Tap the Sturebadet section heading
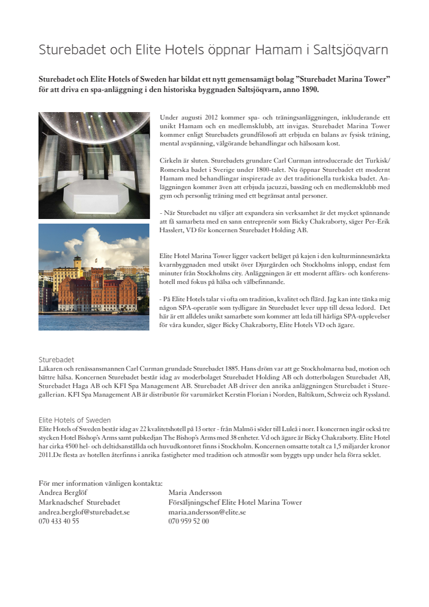coord(56,359)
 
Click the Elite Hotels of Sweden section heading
coord(75,420)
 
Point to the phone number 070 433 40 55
coord(59,521)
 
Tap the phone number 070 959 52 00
coord(189,521)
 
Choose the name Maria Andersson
coord(195,493)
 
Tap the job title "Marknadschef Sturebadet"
coord(79,502)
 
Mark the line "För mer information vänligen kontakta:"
coord(101,483)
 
